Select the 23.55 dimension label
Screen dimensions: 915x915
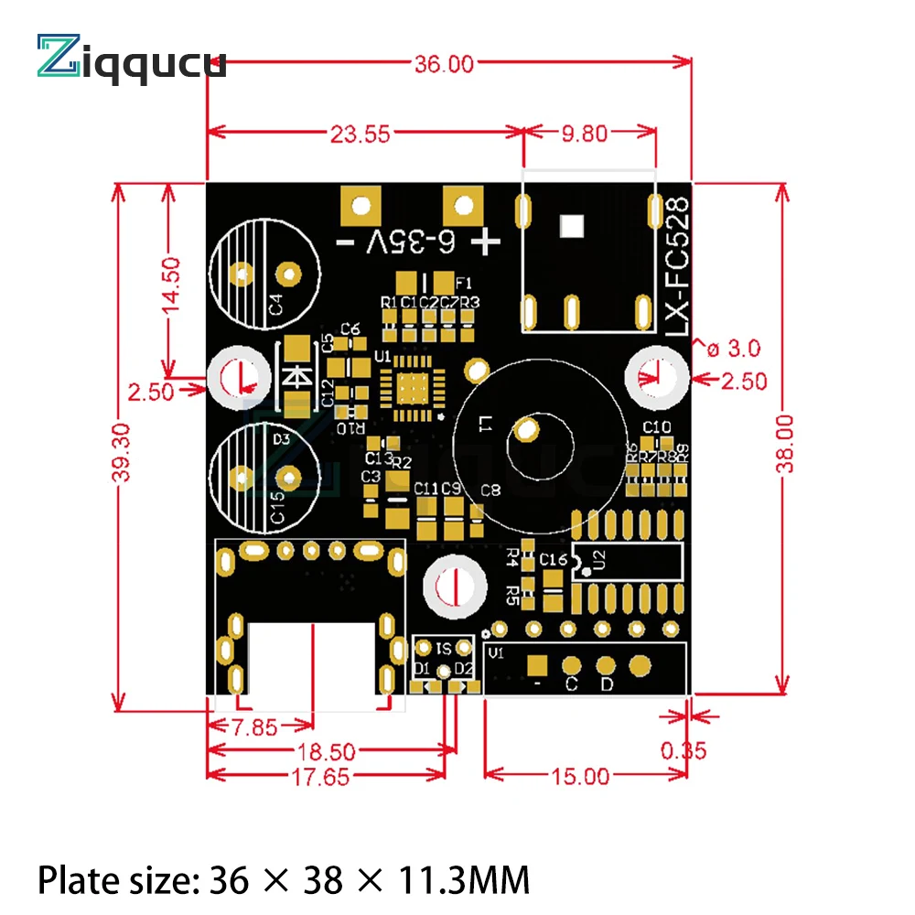(x=360, y=134)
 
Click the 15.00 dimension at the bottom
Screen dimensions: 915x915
(x=579, y=777)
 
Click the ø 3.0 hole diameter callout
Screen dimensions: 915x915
(x=731, y=349)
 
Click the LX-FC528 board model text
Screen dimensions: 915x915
(x=677, y=266)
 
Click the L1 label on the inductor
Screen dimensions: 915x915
(x=485, y=425)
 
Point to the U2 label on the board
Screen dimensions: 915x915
(x=600, y=561)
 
